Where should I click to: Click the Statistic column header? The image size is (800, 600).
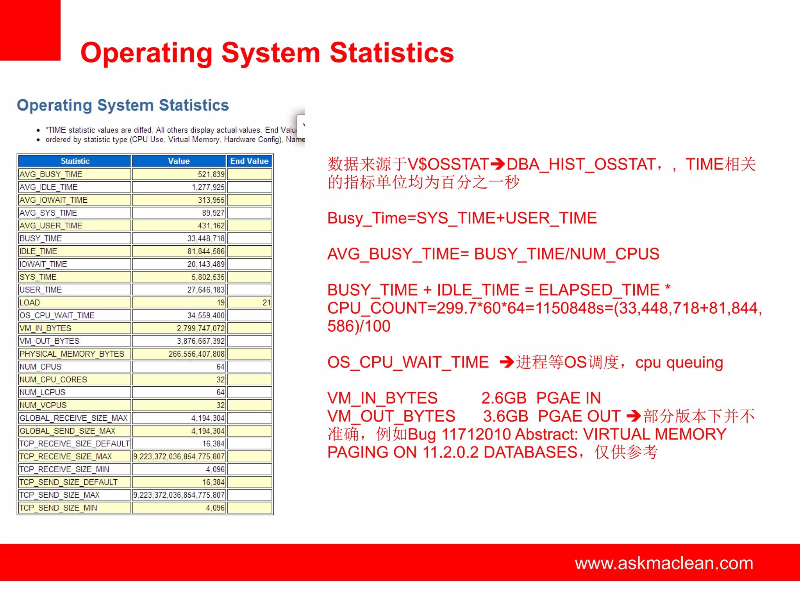(x=75, y=161)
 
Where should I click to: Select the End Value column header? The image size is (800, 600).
(x=249, y=161)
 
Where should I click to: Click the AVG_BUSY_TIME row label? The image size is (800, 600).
(x=51, y=174)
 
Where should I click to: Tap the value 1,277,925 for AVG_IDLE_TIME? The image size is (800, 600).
(x=208, y=187)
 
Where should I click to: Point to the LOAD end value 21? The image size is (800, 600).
(x=266, y=303)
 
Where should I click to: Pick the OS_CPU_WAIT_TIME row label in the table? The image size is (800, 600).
(x=57, y=316)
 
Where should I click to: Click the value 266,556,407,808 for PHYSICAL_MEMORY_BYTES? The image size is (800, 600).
(x=196, y=354)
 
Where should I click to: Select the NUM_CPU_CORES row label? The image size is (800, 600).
(x=53, y=380)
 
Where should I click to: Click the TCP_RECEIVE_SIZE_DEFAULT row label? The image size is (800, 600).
(x=74, y=444)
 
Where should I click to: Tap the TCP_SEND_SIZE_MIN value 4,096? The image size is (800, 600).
(x=215, y=508)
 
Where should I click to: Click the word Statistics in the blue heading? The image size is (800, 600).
(x=194, y=105)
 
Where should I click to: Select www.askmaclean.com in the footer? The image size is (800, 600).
(x=664, y=563)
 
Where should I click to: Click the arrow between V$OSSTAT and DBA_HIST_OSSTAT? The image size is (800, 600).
(x=498, y=164)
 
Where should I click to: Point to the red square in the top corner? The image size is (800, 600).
(x=30, y=30)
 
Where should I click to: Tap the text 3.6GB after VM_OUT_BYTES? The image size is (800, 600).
(x=505, y=416)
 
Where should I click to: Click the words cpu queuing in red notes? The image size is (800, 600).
(x=679, y=362)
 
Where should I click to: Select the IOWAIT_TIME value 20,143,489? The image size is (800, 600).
(x=206, y=264)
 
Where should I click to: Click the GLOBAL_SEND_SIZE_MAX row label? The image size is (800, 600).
(x=67, y=431)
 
